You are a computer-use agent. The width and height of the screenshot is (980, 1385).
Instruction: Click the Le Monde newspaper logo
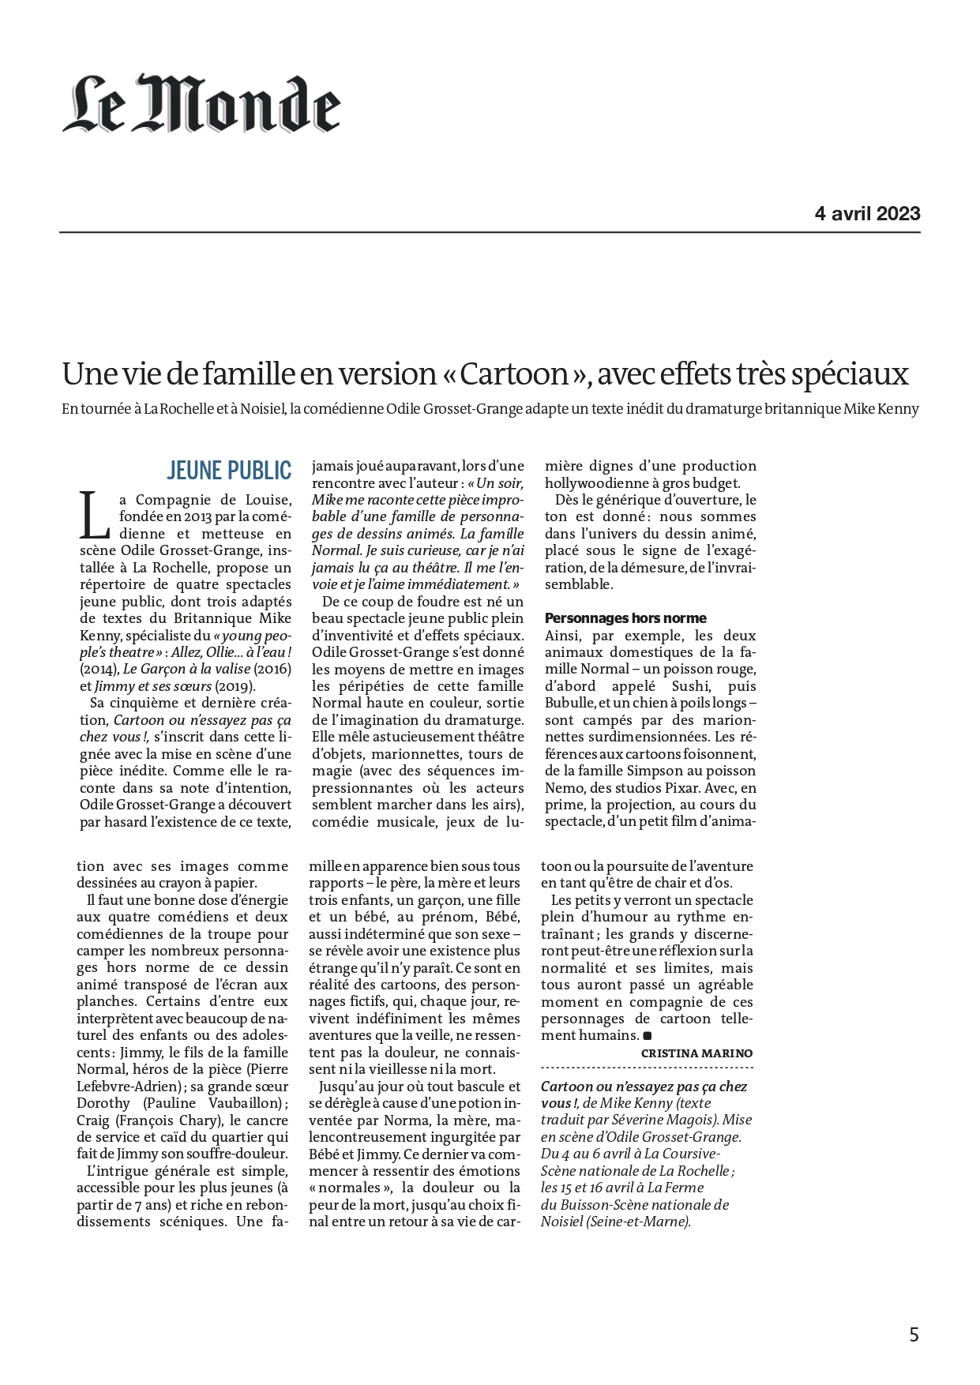pyautogui.click(x=201, y=103)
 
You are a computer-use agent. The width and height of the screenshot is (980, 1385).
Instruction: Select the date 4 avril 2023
pyautogui.click(x=867, y=213)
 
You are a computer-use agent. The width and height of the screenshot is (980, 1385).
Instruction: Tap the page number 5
pyautogui.click(x=914, y=1334)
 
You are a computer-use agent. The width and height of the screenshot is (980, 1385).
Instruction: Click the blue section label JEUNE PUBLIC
pyautogui.click(x=229, y=471)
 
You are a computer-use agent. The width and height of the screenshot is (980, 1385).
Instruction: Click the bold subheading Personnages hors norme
pyautogui.click(x=625, y=618)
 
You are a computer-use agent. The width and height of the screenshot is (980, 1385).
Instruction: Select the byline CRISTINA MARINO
pyautogui.click(x=697, y=1053)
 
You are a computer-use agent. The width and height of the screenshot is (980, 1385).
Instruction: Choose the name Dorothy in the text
pyautogui.click(x=103, y=1103)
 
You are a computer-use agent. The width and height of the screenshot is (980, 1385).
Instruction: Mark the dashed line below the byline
pyautogui.click(x=647, y=1068)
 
